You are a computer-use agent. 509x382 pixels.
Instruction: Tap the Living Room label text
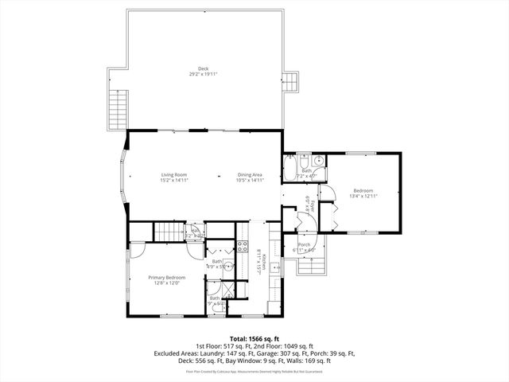[x=173, y=174]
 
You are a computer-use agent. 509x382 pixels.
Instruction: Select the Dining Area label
[x=249, y=174]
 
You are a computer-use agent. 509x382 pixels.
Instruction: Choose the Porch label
[x=304, y=244]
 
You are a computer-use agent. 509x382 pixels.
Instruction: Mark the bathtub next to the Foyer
[x=289, y=169]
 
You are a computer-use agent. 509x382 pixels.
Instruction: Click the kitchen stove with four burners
[x=243, y=247]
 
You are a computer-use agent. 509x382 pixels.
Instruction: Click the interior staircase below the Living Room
[x=168, y=232]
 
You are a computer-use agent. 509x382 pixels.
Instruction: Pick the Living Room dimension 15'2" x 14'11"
[x=173, y=180]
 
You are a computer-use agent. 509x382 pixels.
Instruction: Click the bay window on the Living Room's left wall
[x=123, y=177]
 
